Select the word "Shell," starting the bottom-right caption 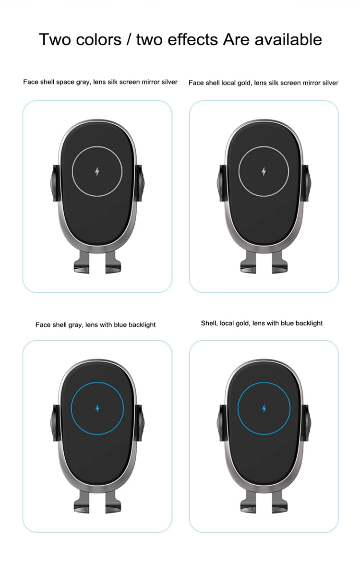click(x=209, y=323)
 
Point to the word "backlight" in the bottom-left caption click(x=142, y=325)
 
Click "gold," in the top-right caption click(x=243, y=83)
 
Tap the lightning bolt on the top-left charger click(x=97, y=171)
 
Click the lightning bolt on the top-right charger click(x=264, y=171)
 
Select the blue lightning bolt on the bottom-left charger click(x=97, y=408)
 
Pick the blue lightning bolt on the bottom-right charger click(x=264, y=408)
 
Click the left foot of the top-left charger click(x=82, y=263)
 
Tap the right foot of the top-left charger click(x=113, y=263)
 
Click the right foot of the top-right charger click(x=279, y=263)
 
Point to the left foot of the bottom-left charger click(x=82, y=502)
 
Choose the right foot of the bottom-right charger click(x=279, y=502)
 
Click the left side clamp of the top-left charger click(x=55, y=183)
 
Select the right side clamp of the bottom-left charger click(x=140, y=422)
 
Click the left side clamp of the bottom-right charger click(x=221, y=422)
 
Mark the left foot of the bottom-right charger click(x=248, y=502)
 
